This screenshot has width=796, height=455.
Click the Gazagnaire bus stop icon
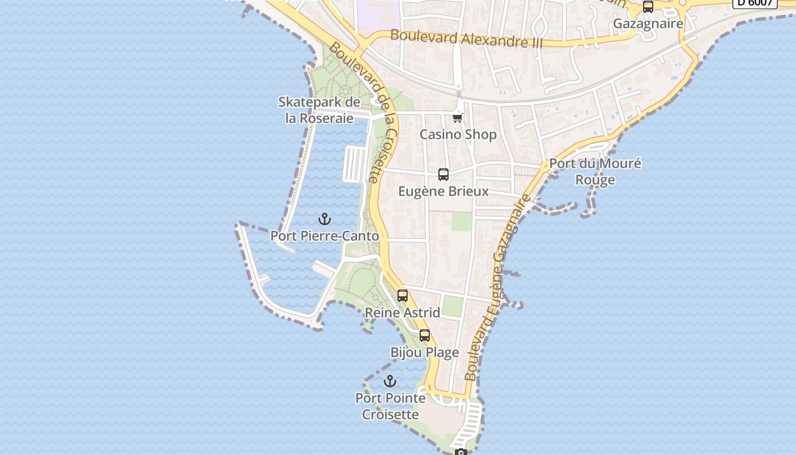[x=648, y=7]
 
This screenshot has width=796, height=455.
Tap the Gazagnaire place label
[x=648, y=24]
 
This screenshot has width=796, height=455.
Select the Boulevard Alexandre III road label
[x=466, y=39]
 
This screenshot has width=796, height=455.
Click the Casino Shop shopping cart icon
[x=458, y=118]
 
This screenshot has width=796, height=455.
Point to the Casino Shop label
[x=458, y=135]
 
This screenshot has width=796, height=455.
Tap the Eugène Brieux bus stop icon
[x=443, y=175]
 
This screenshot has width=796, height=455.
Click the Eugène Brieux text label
[x=443, y=191]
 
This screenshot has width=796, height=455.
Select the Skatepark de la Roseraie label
[x=319, y=110]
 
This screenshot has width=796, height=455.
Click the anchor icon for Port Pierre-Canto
[x=324, y=219]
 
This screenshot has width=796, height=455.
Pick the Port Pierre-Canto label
[x=324, y=235]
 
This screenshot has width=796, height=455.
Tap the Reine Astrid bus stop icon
[x=403, y=296]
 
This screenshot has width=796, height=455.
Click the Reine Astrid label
[x=403, y=313]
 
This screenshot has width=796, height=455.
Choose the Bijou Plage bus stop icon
[x=425, y=336]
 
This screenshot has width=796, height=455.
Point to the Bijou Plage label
[x=425, y=353]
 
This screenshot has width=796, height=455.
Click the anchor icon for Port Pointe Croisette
[x=390, y=381]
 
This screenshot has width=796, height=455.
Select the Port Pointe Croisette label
[x=391, y=406]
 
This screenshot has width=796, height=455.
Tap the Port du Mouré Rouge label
[x=595, y=172]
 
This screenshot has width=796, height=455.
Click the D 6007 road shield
[x=755, y=2]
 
